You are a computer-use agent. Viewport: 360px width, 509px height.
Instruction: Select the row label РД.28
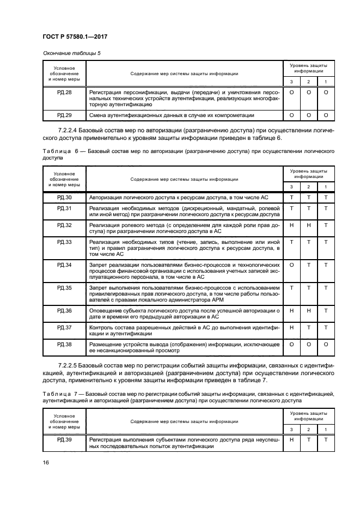click(65, 93)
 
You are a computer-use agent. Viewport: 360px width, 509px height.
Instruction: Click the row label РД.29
click(65, 115)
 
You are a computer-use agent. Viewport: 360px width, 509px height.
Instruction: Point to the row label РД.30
click(65, 198)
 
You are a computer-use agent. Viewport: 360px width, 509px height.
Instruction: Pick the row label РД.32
click(65, 225)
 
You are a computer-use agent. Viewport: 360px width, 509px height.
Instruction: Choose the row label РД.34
click(65, 265)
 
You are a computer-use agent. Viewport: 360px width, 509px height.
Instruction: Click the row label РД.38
click(65, 345)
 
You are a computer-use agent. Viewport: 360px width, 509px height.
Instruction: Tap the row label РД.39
click(65, 439)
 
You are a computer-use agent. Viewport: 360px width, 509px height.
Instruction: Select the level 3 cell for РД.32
click(292, 225)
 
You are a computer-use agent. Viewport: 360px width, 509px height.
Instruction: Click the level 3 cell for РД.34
click(292, 265)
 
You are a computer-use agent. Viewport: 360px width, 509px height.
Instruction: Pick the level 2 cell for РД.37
click(309, 327)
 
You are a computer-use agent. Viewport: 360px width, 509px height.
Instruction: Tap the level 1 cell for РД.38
click(326, 345)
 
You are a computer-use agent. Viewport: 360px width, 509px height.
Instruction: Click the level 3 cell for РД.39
click(292, 439)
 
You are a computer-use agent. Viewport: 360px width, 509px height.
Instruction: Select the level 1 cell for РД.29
click(326, 115)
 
